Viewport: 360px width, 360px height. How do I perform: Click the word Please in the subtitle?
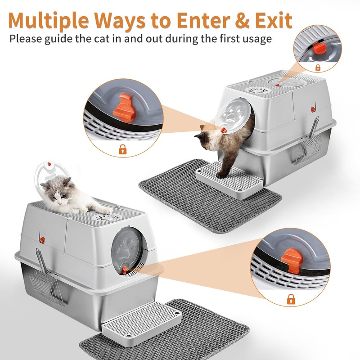pos(29,38)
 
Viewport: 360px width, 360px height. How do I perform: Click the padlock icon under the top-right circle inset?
pos(318,67)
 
